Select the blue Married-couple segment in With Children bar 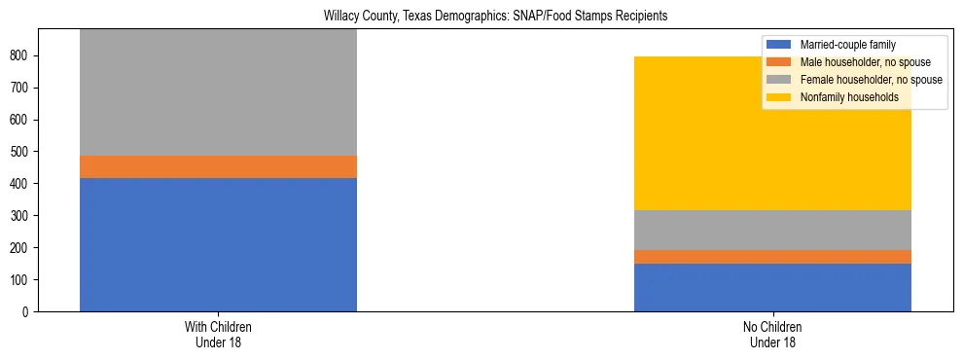[x=218, y=244]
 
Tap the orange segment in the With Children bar [x=218, y=166]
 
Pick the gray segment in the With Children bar [x=218, y=92]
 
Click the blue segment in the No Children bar [x=772, y=287]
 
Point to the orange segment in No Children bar [x=772, y=257]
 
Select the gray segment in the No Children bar [x=772, y=230]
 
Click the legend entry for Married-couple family [x=847, y=45]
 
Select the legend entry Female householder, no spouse [x=862, y=80]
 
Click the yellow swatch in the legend [x=780, y=97]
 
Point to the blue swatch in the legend [x=780, y=45]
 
